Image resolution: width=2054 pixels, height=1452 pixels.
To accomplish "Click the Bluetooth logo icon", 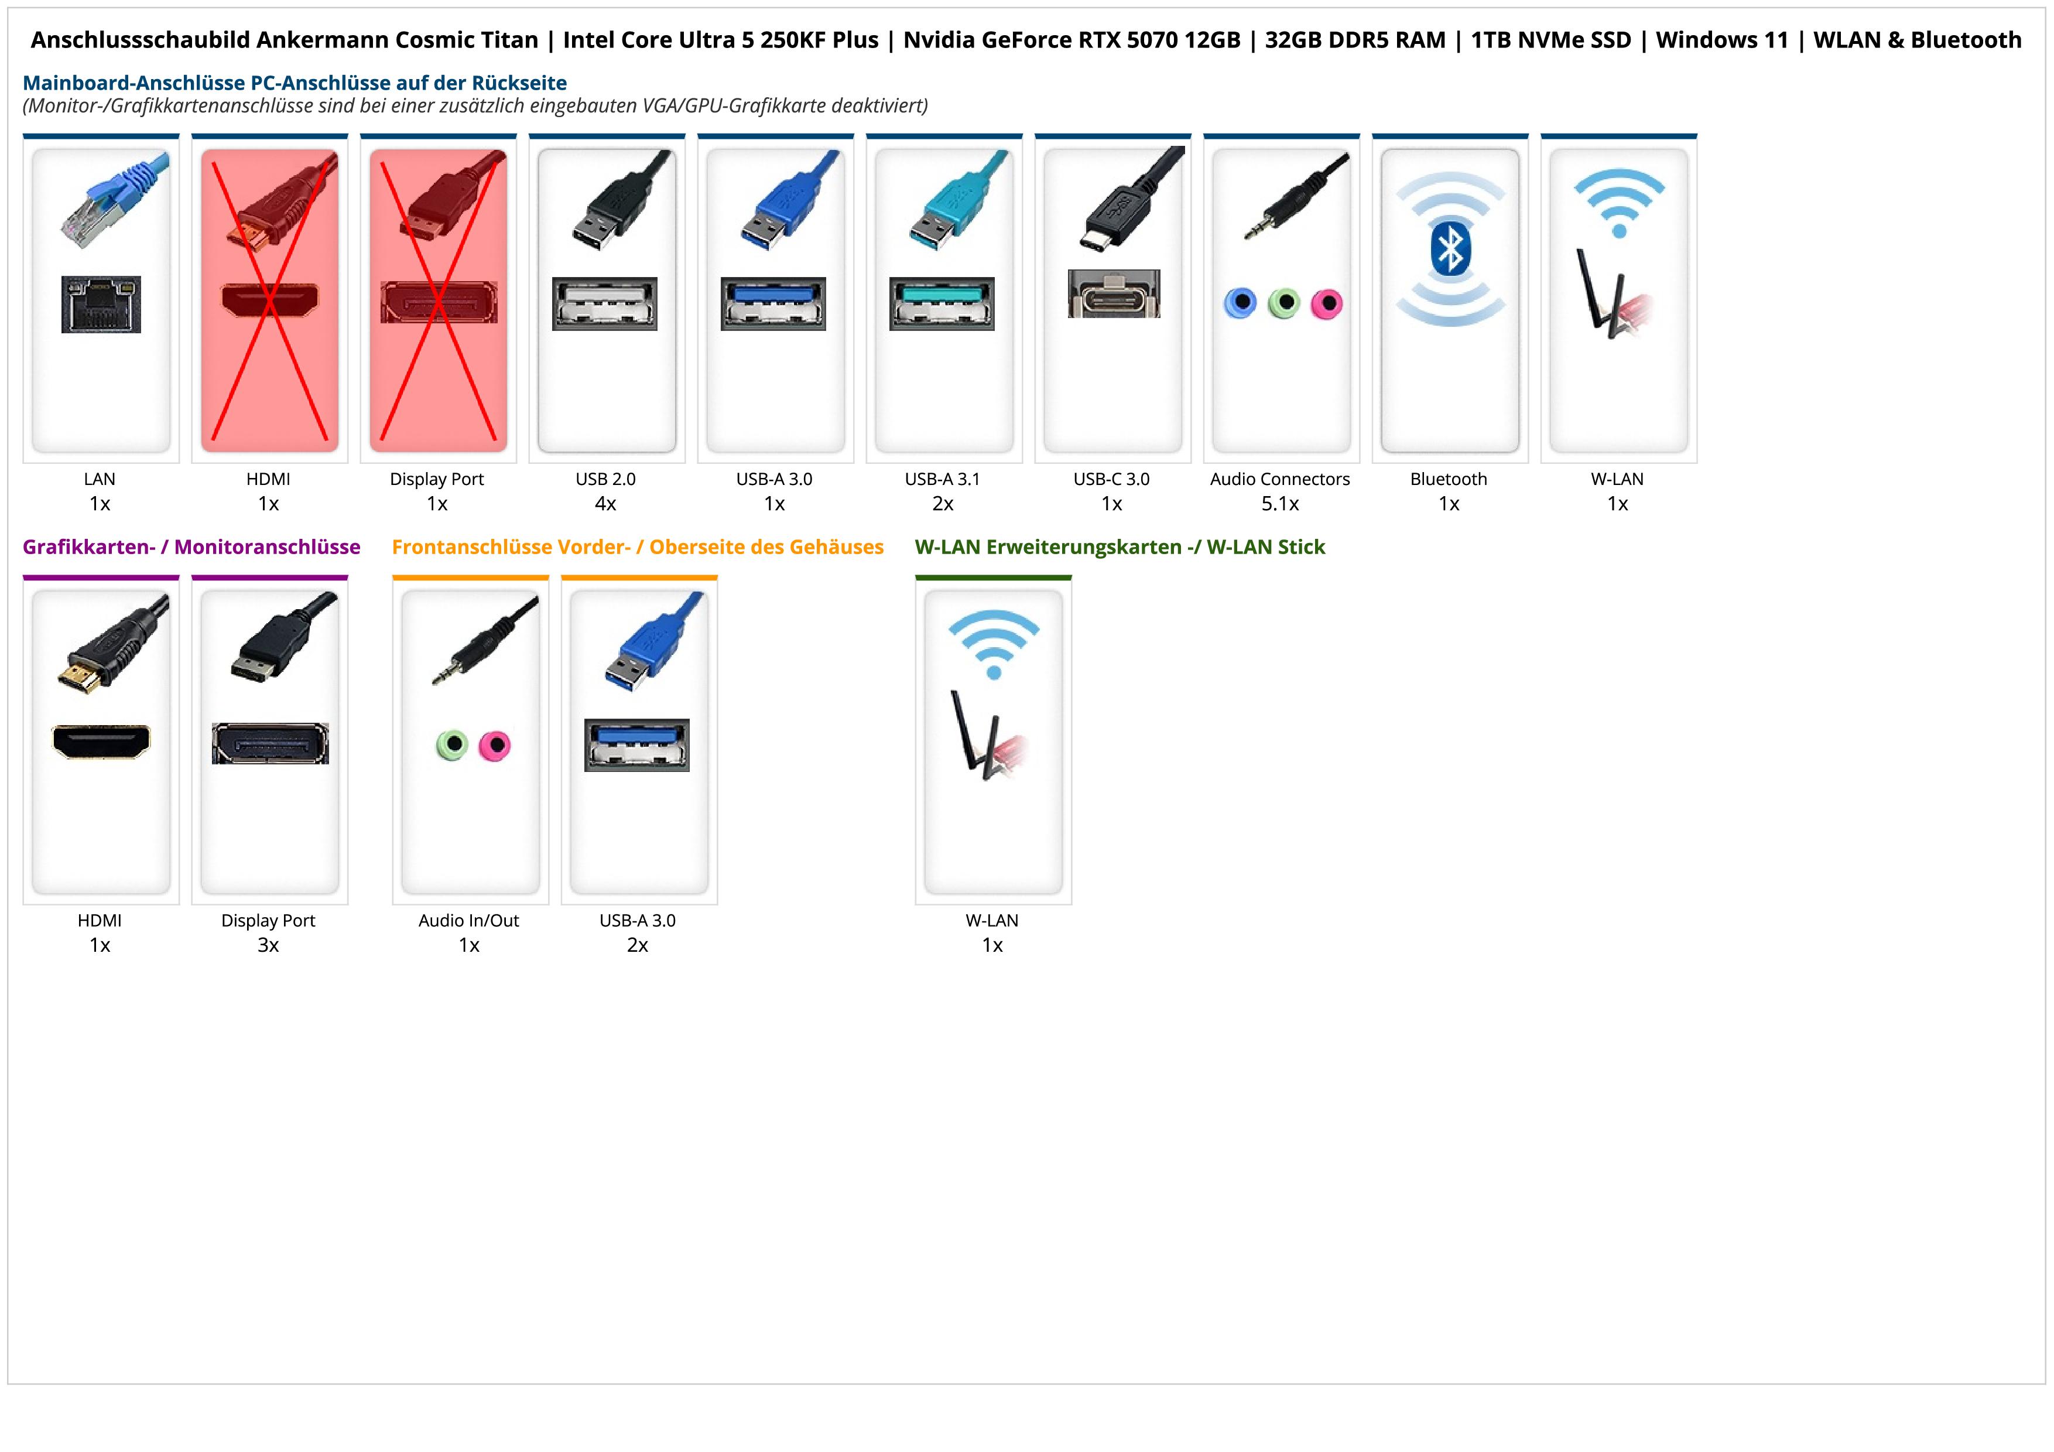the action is pos(1450,249).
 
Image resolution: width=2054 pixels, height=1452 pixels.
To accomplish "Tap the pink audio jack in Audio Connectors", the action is pos(1327,304).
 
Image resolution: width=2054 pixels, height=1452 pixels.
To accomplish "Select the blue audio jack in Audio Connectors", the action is pos(1240,302).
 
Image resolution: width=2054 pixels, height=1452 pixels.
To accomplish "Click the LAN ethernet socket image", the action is pos(101,304).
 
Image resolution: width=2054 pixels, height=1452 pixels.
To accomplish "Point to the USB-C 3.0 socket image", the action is pos(1114,293).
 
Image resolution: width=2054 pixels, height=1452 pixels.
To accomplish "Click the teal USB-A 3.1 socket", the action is pos(942,303).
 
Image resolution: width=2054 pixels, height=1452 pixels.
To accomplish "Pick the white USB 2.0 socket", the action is pos(605,303).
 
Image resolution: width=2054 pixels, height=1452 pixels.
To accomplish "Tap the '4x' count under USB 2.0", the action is pos(605,504).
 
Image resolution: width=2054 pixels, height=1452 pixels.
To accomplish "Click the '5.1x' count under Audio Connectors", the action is pos(1280,504).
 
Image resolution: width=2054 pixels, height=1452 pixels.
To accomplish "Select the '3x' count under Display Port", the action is pos(268,945).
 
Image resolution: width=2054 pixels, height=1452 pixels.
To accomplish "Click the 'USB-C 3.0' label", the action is pos(1112,479).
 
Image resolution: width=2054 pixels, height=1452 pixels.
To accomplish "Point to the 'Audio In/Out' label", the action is pos(469,921).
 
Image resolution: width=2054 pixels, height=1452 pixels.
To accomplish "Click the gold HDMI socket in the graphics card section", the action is pos(101,741).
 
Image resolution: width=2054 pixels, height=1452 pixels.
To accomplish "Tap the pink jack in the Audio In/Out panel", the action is pos(495,745).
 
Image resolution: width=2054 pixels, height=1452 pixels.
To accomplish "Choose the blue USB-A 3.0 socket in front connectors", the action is pos(637,744).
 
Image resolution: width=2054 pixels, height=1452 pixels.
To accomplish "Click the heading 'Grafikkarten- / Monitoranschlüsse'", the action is pos(191,546).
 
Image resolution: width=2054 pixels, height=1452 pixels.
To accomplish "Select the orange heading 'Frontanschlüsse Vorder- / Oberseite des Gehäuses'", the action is pos(638,546).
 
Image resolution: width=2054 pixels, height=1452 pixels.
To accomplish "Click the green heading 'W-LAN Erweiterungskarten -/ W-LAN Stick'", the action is pos(1120,546).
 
